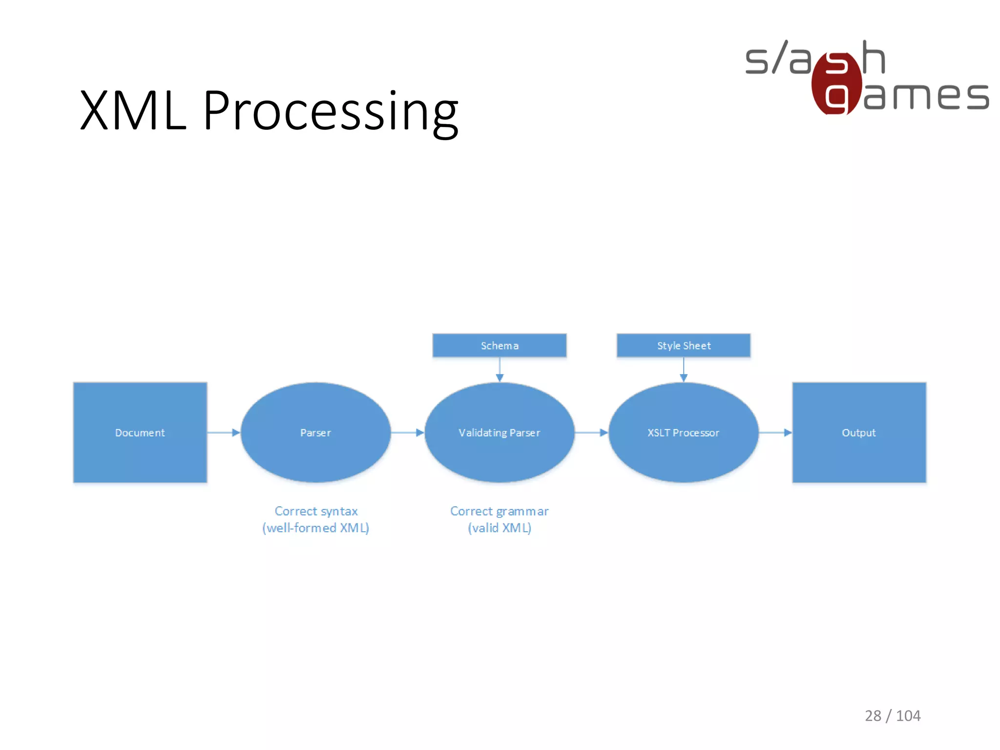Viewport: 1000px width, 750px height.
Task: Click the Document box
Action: (140, 433)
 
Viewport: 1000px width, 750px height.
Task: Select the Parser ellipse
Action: (315, 433)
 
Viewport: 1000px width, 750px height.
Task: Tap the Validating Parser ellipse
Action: (499, 433)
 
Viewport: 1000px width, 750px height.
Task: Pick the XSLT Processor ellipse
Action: (683, 433)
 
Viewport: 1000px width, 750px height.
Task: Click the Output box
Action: (859, 433)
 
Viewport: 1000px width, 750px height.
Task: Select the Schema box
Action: (499, 346)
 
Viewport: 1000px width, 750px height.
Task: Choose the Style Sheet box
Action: (683, 346)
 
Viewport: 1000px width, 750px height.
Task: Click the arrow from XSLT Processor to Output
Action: (775, 433)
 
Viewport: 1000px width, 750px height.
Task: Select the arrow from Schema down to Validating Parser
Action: (500, 370)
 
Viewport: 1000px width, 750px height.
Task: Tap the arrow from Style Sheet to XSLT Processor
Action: (684, 370)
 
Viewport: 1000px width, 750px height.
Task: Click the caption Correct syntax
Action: (316, 511)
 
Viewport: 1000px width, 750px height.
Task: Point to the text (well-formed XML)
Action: (316, 528)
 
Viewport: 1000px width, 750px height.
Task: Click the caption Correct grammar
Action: (499, 511)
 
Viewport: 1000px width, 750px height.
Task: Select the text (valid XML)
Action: (499, 528)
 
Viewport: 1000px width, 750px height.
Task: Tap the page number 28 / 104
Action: (893, 716)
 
